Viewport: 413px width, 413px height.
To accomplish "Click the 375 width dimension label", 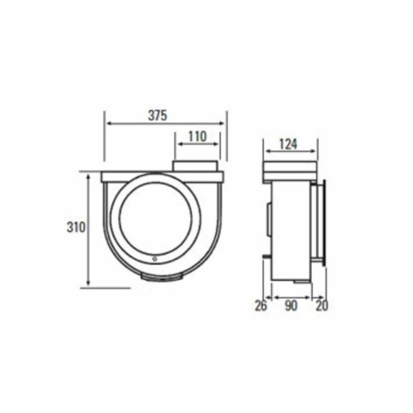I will pos(157,116).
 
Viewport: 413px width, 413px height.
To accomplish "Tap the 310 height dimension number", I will pos(76,227).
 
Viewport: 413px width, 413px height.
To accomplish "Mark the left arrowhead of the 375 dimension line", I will pos(107,123).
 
